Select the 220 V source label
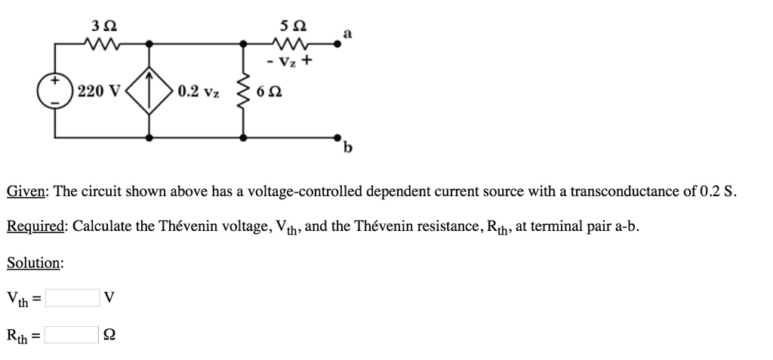[x=98, y=91]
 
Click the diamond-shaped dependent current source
[x=150, y=91]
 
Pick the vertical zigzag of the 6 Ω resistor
[x=244, y=91]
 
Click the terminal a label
[x=347, y=32]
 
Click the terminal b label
[x=347, y=148]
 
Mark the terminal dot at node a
[x=337, y=44]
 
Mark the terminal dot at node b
[x=337, y=138]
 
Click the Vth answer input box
[x=72, y=298]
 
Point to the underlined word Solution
[x=34, y=263]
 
